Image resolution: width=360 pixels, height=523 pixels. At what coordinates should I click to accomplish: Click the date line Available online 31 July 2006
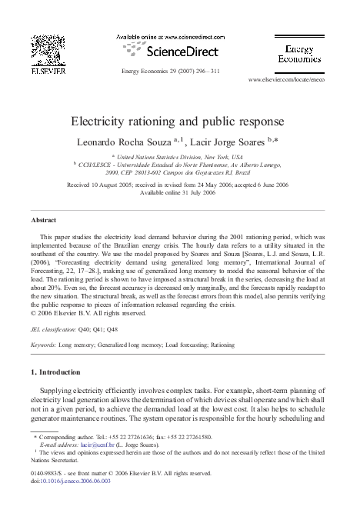click(x=179, y=192)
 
